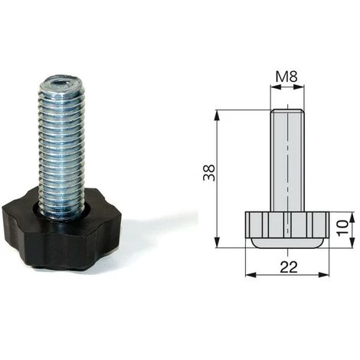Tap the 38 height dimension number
[x=209, y=172]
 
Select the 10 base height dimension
[x=342, y=228]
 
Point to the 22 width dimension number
[x=289, y=267]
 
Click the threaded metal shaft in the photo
[x=61, y=146]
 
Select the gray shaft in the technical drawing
[x=287, y=160]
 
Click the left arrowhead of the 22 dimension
[x=250, y=275]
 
